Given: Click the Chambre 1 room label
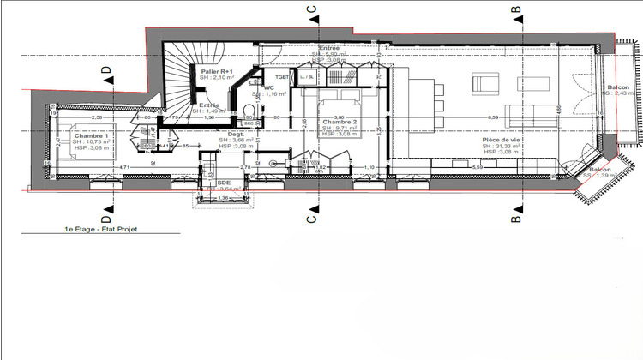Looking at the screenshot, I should [x=90, y=136].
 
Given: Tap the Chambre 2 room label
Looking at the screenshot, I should [x=339, y=122].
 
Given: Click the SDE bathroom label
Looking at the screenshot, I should [x=225, y=183].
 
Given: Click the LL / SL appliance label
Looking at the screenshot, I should [x=306, y=77].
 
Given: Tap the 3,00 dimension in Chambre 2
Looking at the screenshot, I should [x=339, y=117].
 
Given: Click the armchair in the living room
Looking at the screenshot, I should [x=486, y=83].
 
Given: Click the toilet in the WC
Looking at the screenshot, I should [x=249, y=107].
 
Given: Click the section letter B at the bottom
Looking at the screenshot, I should [x=516, y=217].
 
